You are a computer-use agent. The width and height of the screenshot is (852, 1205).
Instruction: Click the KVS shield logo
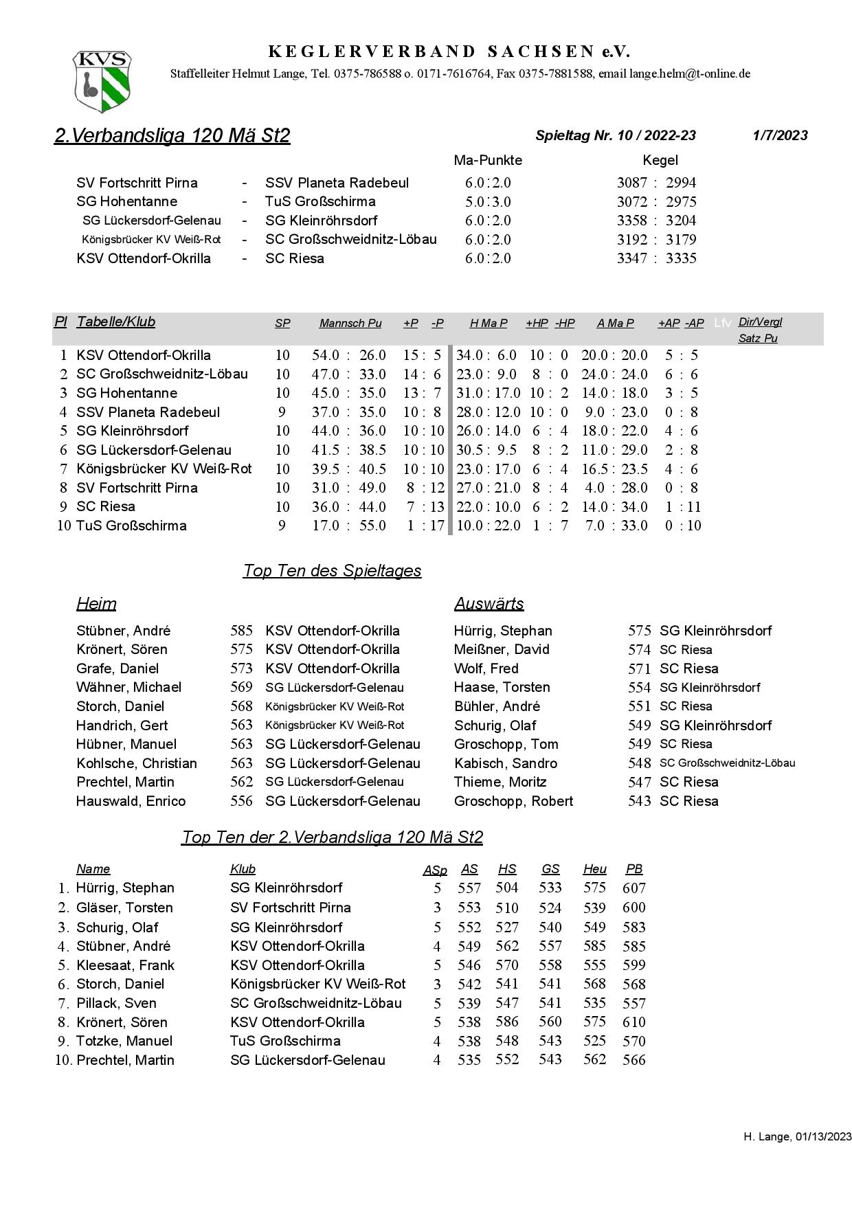102,81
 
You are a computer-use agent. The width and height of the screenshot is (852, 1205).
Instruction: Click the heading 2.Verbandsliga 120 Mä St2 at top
172,135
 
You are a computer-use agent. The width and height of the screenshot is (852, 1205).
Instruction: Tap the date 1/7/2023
780,135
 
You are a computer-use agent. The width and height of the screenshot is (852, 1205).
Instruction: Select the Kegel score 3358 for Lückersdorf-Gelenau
632,221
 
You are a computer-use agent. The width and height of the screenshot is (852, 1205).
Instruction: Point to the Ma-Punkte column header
488,160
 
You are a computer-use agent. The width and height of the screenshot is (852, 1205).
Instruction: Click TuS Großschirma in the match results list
320,201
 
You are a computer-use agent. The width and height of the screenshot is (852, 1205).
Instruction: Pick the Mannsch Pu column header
350,323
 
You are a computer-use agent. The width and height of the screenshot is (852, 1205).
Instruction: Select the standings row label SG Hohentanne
127,393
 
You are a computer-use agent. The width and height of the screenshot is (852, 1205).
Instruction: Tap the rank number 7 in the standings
63,469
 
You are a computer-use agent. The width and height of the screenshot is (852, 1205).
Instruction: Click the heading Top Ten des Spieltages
332,571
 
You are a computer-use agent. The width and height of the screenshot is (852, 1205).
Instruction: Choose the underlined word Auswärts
489,604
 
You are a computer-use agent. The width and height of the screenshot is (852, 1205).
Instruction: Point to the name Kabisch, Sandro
506,763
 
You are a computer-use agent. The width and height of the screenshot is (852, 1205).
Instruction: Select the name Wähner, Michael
129,687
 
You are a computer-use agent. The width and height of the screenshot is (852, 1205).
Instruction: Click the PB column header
634,869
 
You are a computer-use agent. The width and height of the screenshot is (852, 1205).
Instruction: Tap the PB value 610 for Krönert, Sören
634,1022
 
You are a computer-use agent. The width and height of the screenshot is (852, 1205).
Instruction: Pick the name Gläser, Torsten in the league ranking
124,908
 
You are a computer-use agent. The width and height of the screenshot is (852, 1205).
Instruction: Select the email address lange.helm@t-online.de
690,74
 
